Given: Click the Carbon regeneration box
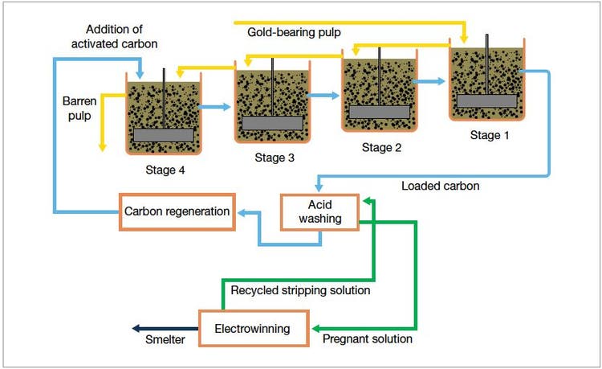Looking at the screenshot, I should tap(177, 211).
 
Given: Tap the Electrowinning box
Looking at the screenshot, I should tap(253, 328).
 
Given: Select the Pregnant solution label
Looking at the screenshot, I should tap(367, 339).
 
